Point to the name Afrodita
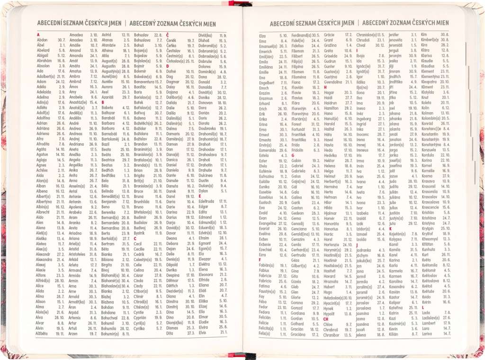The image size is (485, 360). point(44,144)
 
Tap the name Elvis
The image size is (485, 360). point(203,333)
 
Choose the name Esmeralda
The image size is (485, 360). point(269,149)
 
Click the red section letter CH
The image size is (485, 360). point(326,319)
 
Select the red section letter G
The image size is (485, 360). point(293,155)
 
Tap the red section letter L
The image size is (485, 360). point(422,307)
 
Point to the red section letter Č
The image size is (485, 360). point(168,35)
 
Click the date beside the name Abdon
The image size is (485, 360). point(62,40)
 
